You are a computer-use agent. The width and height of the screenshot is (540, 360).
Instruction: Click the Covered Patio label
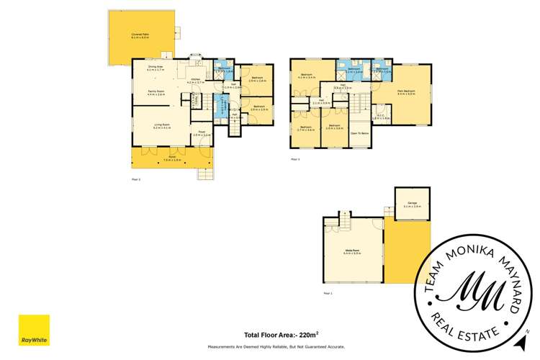click(139, 35)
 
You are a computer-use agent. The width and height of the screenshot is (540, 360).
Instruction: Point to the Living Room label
click(161, 126)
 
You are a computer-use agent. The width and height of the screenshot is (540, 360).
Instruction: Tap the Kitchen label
click(195, 81)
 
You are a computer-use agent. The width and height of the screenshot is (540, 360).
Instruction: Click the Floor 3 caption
click(295, 159)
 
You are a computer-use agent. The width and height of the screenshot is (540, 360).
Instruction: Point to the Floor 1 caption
click(328, 293)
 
